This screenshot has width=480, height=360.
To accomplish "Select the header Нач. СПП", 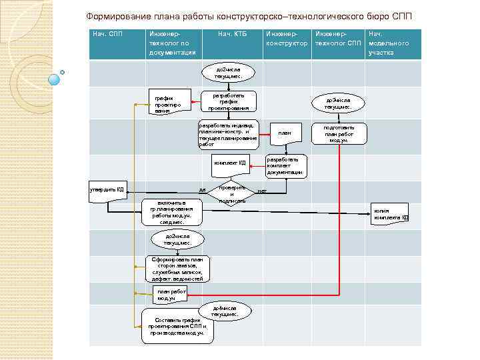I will (x=107, y=33).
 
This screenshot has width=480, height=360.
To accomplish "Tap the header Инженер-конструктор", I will (x=286, y=38).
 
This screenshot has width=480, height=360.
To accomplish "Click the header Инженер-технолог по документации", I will (x=173, y=43).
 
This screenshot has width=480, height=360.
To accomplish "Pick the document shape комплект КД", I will (x=230, y=163).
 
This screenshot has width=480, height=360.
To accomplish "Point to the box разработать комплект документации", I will (x=286, y=166).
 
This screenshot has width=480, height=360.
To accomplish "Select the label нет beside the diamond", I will (x=262, y=191).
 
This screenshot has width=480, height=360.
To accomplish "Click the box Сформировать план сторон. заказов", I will (x=177, y=267).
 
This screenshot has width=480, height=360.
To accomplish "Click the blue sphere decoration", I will (x=55, y=79).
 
